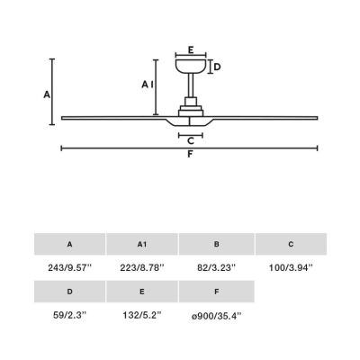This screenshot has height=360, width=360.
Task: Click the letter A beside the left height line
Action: (x=45, y=94)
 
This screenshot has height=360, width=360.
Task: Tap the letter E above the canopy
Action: (x=190, y=50)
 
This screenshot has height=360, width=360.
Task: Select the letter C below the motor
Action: (x=190, y=139)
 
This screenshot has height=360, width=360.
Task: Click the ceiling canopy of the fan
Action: (x=190, y=67)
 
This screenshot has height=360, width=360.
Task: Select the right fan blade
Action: (x=270, y=116)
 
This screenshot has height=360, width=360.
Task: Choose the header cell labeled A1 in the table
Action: (x=142, y=244)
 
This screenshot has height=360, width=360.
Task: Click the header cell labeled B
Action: (x=215, y=244)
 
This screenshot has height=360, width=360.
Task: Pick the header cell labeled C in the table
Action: (x=291, y=244)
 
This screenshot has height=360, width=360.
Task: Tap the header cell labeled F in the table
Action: (x=215, y=292)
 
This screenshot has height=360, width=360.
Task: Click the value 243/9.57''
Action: (x=70, y=268)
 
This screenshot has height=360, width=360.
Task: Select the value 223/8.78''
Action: (x=142, y=268)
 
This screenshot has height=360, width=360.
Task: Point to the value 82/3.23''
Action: (x=215, y=268)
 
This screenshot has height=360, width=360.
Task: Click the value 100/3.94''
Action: (x=291, y=268)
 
